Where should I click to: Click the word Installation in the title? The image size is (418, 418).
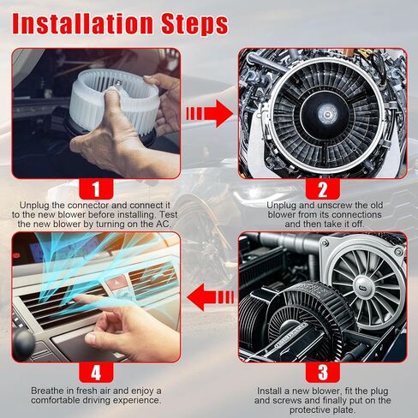click(x=82, y=23)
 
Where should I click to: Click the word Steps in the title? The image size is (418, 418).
click(x=194, y=23)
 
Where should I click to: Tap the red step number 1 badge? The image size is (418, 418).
click(x=96, y=189)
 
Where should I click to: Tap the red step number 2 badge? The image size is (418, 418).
click(x=323, y=189)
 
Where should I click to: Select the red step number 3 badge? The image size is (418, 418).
click(x=323, y=373)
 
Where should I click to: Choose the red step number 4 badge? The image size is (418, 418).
click(x=96, y=373)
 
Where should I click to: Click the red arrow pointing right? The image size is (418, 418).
click(x=210, y=114)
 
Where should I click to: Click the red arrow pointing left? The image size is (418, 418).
click(x=210, y=297)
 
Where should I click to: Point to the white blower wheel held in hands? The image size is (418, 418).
click(x=114, y=100)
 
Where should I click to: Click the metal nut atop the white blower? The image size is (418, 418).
click(x=118, y=83)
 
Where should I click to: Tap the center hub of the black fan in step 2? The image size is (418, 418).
click(x=327, y=115)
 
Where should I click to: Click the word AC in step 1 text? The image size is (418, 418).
click(x=164, y=224)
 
